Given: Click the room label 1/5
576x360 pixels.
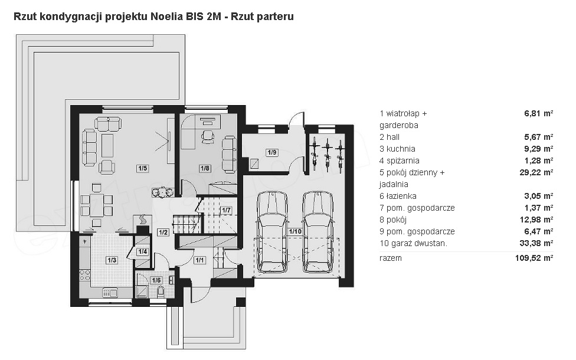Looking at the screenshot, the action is click(143, 168).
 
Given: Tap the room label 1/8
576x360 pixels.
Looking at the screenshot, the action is click(205, 168).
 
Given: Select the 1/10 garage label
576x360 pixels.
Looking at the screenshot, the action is click(295, 231).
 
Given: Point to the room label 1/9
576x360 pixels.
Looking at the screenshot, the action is click(272, 152).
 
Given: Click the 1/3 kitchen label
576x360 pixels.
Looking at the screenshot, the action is click(112, 260).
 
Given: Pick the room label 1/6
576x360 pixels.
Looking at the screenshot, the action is click(156, 280).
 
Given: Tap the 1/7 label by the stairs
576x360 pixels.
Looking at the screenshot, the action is click(226, 211).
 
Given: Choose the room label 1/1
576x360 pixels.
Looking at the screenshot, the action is click(199, 260).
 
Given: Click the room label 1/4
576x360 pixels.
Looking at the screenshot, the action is click(143, 251).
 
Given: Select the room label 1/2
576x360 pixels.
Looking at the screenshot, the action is click(163, 232).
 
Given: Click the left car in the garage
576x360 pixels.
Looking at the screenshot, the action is click(272, 232).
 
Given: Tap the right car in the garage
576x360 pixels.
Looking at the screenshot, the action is click(318, 232).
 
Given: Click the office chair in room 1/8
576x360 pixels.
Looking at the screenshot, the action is click(208, 136).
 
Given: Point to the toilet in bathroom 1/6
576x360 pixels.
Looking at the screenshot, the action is click(161, 292).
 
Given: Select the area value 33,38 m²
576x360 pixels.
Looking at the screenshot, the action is click(539, 243).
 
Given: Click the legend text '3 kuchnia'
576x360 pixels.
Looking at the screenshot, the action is click(397, 149).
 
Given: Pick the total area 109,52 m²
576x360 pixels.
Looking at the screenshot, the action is click(534, 258).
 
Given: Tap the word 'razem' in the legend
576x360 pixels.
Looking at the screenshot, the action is click(391, 258).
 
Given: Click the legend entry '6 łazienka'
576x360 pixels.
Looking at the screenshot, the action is click(398, 196).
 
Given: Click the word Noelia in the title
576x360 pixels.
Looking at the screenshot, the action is click(163, 17).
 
